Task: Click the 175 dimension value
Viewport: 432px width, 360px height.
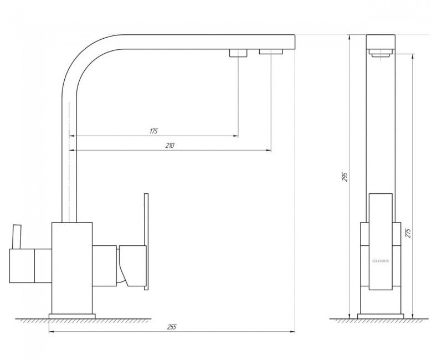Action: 153,131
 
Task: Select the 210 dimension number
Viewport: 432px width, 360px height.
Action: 169,146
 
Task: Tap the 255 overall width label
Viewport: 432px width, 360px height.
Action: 171,327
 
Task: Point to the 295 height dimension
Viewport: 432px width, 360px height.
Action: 345,177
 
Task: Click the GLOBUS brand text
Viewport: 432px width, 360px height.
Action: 380,261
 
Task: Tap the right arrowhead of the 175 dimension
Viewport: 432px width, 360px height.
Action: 236,136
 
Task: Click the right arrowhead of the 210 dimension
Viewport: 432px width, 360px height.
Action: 269,150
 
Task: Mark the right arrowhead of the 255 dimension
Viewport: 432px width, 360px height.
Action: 292,332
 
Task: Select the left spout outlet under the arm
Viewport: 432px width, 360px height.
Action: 238,53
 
